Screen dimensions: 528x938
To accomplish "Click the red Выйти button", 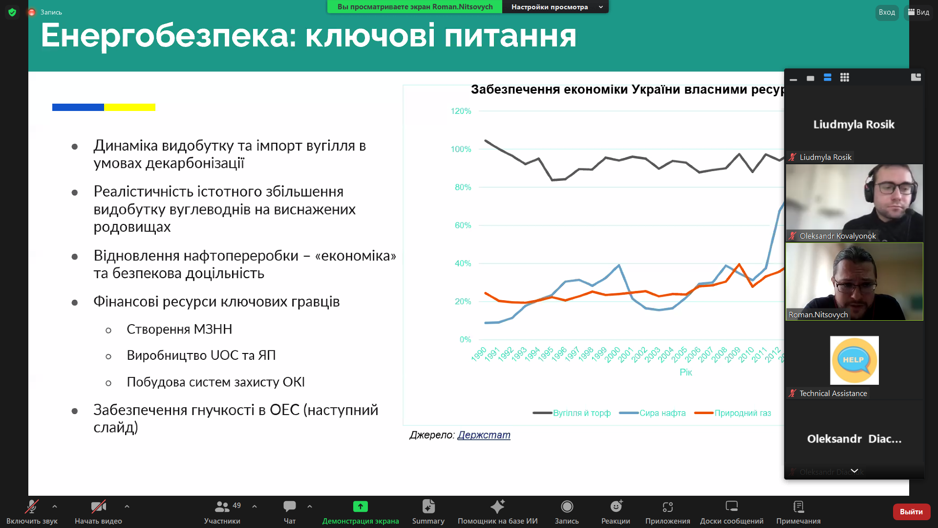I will tap(911, 511).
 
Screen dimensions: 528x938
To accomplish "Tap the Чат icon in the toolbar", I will tap(290, 506).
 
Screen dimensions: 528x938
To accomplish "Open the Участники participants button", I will tap(222, 506).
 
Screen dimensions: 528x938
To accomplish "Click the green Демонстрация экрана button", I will tap(360, 506).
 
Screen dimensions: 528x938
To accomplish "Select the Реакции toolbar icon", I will tap(616, 506).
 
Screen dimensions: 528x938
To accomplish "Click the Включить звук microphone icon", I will tap(32, 506).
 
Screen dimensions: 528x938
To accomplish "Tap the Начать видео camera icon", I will tap(98, 506).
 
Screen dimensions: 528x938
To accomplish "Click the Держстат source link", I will tap(484, 435).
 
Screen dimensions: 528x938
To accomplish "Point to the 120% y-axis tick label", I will tap(461, 111).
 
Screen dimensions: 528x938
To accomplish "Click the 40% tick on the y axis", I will tap(463, 264).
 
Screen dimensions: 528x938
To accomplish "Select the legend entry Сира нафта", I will tap(662, 413).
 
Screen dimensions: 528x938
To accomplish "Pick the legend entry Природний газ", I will tap(742, 413).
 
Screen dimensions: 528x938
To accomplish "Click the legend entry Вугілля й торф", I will tap(581, 413).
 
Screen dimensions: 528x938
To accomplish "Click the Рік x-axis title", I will tap(685, 373).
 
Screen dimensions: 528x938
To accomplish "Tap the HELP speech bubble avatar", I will tap(854, 360).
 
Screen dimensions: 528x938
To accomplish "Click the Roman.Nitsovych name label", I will tap(818, 315).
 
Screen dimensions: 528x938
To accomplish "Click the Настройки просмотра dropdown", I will tap(555, 7).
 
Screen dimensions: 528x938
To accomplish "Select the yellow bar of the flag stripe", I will tap(129, 107).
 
